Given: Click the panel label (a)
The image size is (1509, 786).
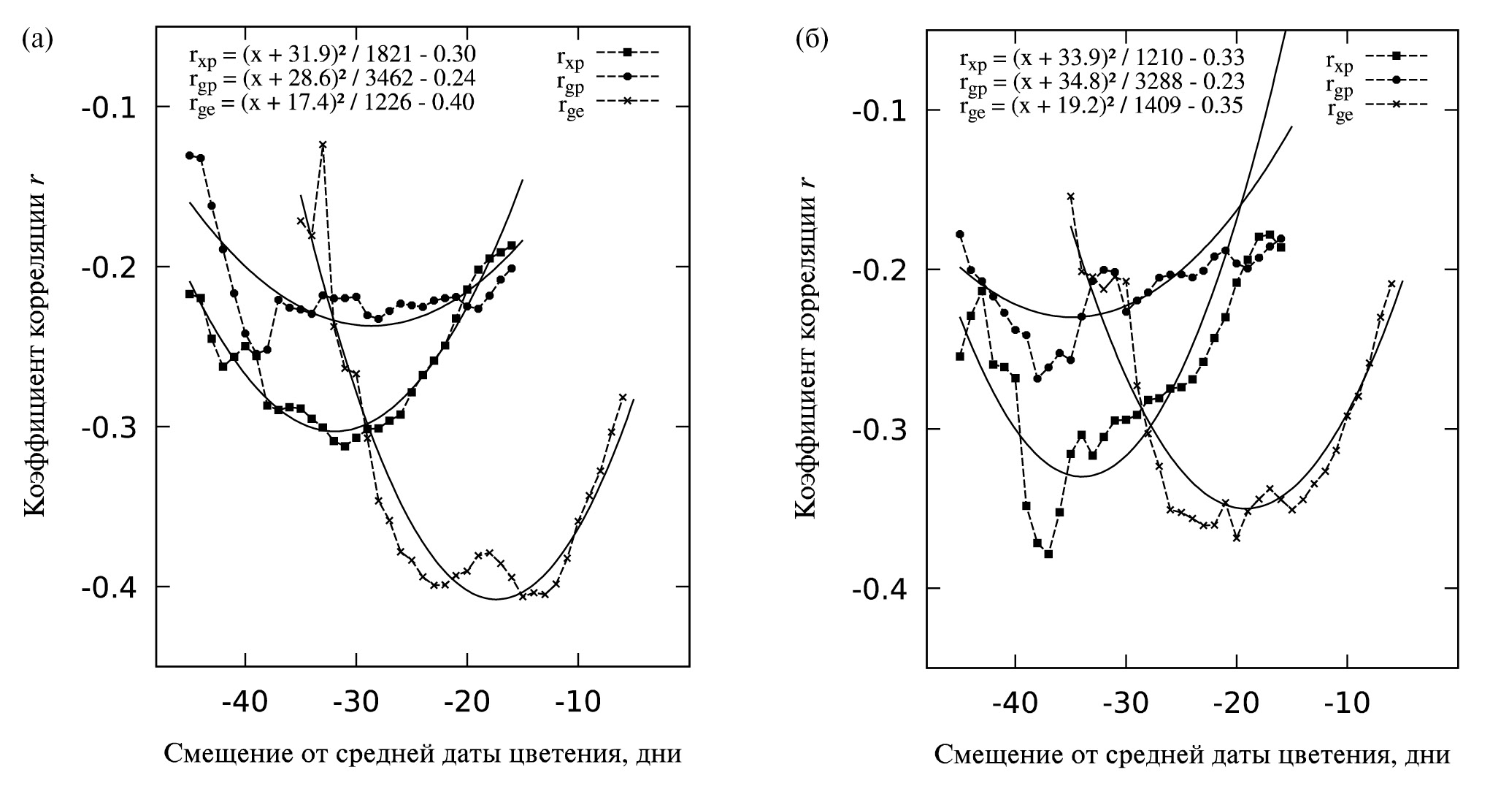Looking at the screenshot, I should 37,38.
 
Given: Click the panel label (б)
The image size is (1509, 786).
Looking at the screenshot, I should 811,39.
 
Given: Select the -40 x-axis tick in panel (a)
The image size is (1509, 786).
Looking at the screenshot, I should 245,702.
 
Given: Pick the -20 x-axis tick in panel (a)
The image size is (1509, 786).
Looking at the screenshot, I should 467,702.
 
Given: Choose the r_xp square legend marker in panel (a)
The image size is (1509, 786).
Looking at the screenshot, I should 627,52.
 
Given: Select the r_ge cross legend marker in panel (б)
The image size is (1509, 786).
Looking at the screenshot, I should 1396,105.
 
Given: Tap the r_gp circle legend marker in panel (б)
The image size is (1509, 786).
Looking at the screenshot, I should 1396,80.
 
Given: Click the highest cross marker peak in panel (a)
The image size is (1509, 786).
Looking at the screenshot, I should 323,145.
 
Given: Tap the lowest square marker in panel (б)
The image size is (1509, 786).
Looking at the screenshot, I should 1048,554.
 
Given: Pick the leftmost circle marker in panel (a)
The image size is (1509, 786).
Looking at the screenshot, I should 189,155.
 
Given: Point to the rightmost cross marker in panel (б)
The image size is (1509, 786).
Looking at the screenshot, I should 1391,283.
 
